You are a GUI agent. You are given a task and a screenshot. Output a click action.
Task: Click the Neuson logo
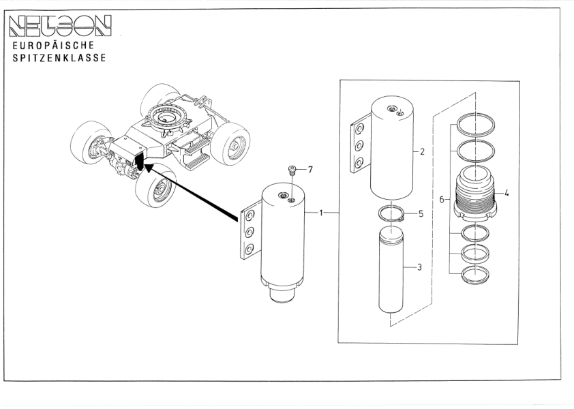pyautogui.click(x=59, y=26)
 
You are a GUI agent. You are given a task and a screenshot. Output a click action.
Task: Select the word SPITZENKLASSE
pyautogui.click(x=59, y=58)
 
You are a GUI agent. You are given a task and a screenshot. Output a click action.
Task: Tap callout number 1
pyautogui.click(x=321, y=213)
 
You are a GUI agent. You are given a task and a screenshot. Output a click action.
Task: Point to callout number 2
pyautogui.click(x=423, y=151)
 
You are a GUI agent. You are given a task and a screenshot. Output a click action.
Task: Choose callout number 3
pyautogui.click(x=419, y=267)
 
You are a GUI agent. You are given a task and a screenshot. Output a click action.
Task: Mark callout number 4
pyautogui.click(x=507, y=193)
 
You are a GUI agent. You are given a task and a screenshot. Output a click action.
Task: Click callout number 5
pyautogui.click(x=421, y=213)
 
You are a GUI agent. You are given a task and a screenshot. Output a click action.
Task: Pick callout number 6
pyautogui.click(x=442, y=200)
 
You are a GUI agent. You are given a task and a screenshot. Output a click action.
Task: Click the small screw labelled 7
pyautogui.click(x=292, y=171)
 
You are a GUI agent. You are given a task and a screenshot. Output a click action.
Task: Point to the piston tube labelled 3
pyautogui.click(x=391, y=273)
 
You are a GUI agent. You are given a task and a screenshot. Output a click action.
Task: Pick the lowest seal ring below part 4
pyautogui.click(x=475, y=275)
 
